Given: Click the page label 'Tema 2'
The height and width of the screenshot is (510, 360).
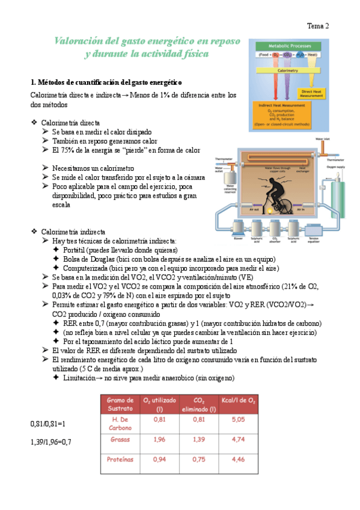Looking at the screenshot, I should click(318, 26).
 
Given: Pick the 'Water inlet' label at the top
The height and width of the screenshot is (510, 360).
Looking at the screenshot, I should click(324, 138).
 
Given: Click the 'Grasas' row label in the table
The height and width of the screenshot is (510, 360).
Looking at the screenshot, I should click(120, 439).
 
